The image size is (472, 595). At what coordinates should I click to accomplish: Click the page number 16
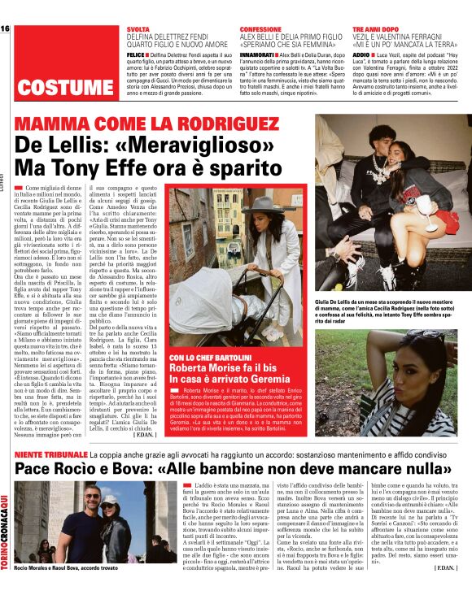[x=6, y=29]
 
